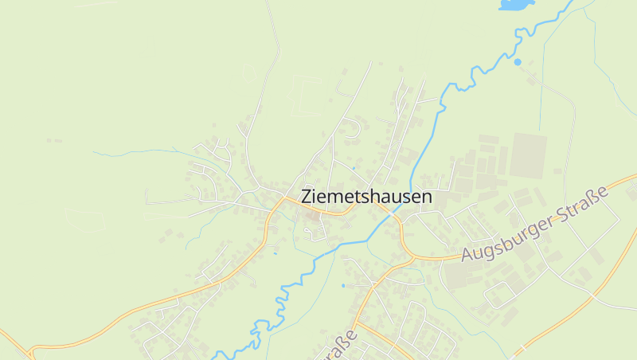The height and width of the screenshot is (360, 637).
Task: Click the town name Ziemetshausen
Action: [x=366, y=197]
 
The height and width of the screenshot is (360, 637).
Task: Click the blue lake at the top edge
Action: [x=514, y=5]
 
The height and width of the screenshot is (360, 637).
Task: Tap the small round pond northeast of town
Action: [x=518, y=61]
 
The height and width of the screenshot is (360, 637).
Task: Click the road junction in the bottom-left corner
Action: [x=30, y=350]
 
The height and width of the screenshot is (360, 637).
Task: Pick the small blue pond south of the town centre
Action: [x=343, y=285]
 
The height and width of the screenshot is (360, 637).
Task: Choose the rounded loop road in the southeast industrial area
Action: [x=500, y=295]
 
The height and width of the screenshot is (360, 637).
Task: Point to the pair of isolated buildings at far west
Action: [x=53, y=141]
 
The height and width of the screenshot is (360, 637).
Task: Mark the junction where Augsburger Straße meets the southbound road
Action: [x=411, y=256]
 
